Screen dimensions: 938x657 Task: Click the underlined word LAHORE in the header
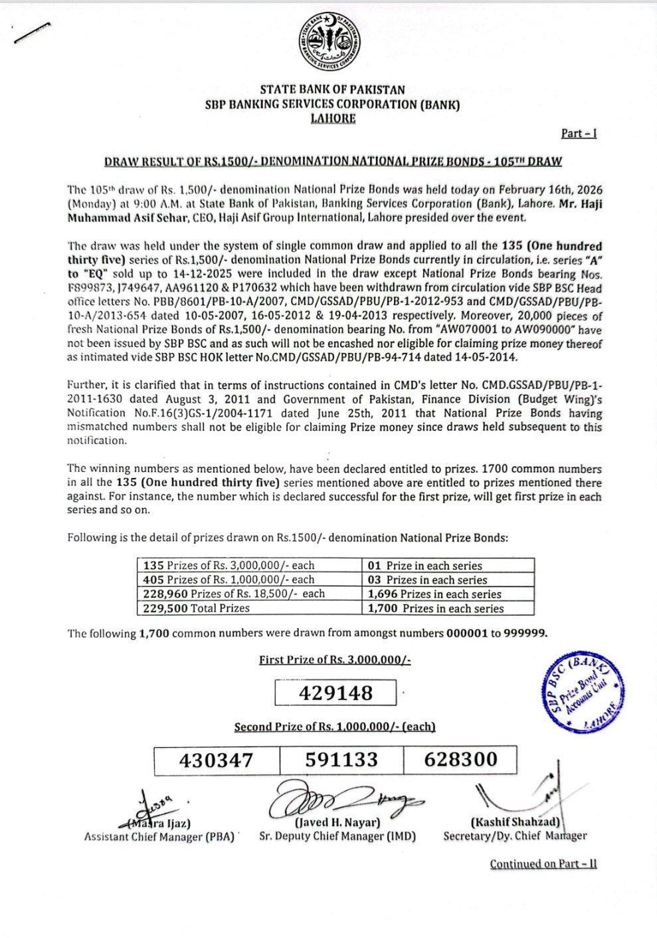pyautogui.click(x=333, y=118)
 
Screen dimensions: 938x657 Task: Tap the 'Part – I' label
pyautogui.click(x=579, y=133)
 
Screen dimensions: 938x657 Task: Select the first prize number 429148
pyautogui.click(x=335, y=693)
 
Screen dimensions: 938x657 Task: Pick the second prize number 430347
pyautogui.click(x=217, y=760)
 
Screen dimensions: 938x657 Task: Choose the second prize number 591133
pyautogui.click(x=341, y=760)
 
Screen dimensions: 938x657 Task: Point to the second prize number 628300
pyautogui.click(x=460, y=760)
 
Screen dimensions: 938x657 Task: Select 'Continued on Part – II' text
pyautogui.click(x=543, y=864)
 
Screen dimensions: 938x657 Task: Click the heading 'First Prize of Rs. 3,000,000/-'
pyautogui.click(x=335, y=659)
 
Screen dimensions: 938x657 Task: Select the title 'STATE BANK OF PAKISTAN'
pyautogui.click(x=332, y=90)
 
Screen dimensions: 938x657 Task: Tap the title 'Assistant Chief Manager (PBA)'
pyautogui.click(x=159, y=837)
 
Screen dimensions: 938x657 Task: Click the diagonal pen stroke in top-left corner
pyautogui.click(x=31, y=33)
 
